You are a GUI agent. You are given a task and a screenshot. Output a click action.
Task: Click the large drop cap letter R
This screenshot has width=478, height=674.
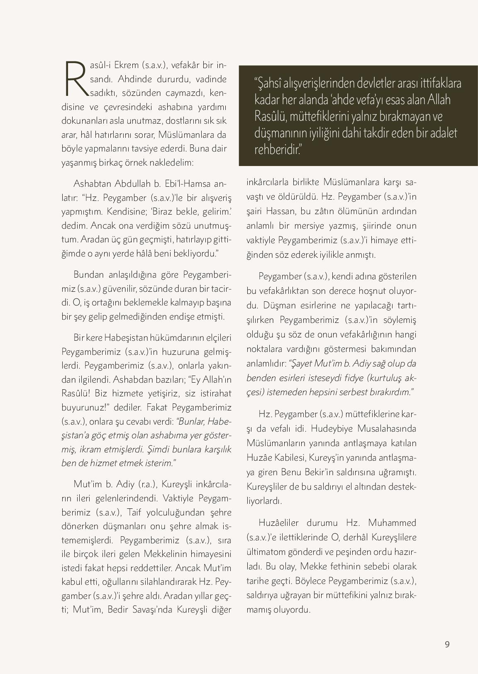click(x=75, y=78)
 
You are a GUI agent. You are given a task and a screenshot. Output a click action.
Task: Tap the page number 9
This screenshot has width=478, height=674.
click(x=447, y=645)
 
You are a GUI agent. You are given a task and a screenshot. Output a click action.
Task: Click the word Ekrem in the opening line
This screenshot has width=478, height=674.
click(x=127, y=65)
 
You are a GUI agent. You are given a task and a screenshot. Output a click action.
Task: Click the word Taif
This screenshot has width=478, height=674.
click(x=135, y=512)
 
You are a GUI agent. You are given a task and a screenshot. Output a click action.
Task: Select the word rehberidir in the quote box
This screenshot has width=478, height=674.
click(x=276, y=149)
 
